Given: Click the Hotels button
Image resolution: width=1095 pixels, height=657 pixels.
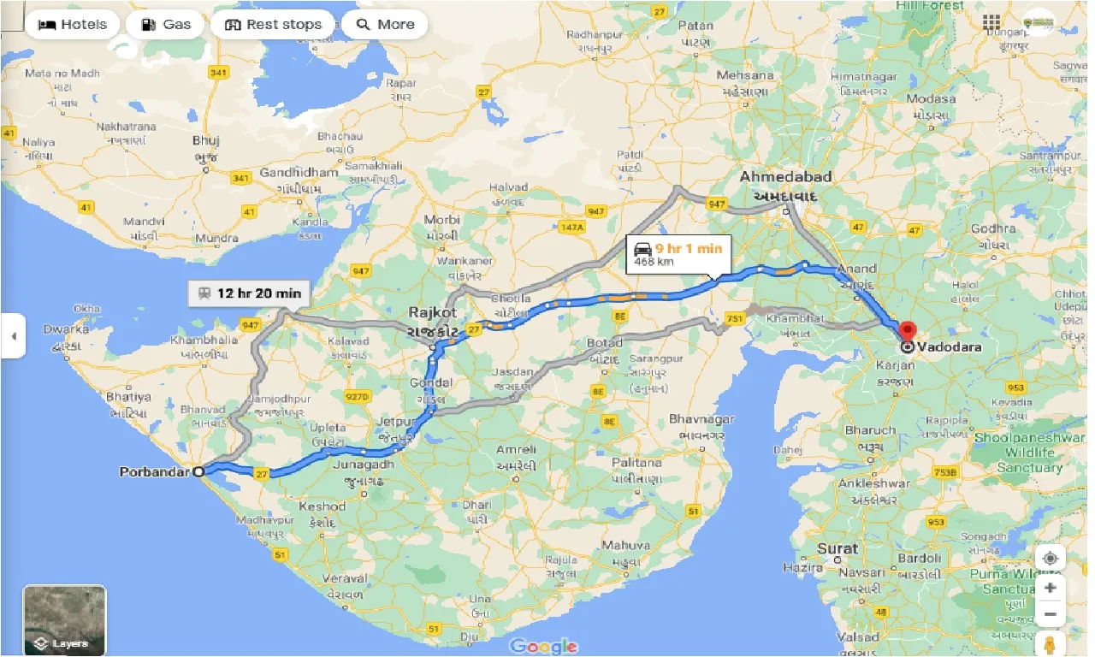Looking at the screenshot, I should pos(73,24).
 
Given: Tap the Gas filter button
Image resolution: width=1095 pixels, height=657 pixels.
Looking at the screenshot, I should pos(165,24).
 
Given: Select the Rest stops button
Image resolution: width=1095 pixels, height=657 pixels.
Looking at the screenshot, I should pos(273,24).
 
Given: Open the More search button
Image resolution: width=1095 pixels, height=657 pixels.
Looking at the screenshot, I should pos(384,24).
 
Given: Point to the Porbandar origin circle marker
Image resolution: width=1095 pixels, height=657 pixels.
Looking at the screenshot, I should pos(198,471).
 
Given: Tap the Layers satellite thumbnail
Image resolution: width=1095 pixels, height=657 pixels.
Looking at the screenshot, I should pos(64,619).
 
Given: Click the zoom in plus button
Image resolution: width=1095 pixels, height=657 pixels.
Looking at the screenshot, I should pos(1051,587).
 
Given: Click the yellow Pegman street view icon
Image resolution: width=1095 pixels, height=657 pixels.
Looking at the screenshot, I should pos(1051,642).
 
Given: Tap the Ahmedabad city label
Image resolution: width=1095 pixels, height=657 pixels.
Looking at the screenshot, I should pos(785,177).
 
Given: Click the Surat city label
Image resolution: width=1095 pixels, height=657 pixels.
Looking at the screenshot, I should pos(838,547).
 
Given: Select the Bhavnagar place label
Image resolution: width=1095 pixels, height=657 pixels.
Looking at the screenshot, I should pos(701,419).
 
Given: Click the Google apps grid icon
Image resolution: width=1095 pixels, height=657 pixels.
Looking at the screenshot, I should pos(991,22).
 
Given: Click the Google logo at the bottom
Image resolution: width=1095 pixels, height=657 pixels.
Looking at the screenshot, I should pos(544,645).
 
